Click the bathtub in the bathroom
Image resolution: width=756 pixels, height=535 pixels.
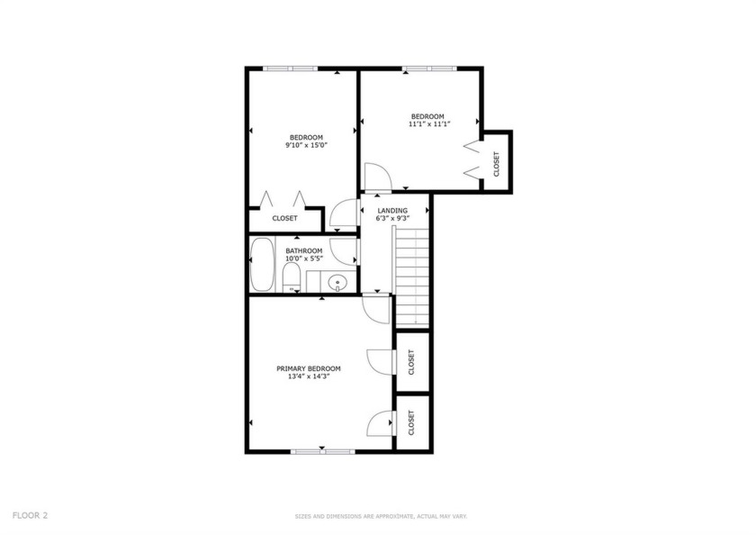(x=262, y=265)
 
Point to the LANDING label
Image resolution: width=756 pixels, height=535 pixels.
(x=392, y=211)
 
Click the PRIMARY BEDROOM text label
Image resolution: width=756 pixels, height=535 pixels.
(x=309, y=368)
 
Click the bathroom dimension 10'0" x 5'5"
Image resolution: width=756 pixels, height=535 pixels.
(x=304, y=258)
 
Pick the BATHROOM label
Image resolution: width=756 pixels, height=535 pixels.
(x=304, y=251)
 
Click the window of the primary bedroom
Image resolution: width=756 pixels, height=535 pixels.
(x=322, y=451)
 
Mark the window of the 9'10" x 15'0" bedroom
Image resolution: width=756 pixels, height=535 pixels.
(x=290, y=68)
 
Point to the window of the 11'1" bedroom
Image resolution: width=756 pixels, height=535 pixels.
(x=429, y=68)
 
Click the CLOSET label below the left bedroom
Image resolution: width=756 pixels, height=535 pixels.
(x=284, y=218)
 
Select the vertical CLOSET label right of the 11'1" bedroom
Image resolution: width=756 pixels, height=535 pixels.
(x=497, y=164)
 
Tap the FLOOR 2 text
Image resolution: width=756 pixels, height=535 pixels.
(x=30, y=515)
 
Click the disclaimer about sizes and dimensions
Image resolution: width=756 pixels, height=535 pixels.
(x=381, y=517)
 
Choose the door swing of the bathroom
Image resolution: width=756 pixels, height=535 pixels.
(x=343, y=251)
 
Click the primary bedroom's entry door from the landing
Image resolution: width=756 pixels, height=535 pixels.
(x=376, y=309)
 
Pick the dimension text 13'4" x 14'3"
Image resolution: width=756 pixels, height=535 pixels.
(x=309, y=376)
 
